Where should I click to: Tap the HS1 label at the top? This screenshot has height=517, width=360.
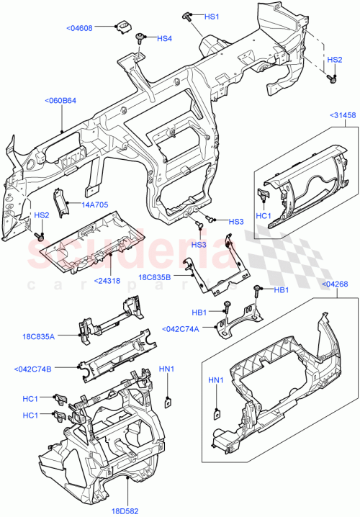[212, 16]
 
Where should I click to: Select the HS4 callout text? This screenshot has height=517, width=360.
[164, 38]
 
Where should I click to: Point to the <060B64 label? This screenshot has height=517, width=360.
[60, 101]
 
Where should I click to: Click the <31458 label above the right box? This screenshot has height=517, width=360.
[343, 115]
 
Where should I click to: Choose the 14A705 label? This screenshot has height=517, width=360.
[94, 204]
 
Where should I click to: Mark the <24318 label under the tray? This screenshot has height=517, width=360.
[107, 280]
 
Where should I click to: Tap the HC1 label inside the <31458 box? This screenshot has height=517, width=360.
[264, 215]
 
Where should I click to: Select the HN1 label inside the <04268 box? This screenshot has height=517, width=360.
[216, 379]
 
